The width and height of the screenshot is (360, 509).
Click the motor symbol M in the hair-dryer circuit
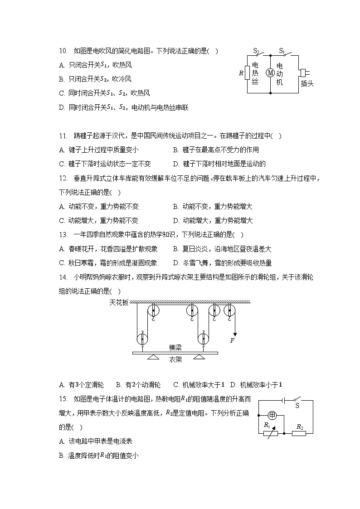click(270, 73)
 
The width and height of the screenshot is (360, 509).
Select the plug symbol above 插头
click(303, 73)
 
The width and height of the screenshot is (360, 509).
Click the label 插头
click(307, 83)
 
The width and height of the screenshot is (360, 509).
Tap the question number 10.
click(63, 51)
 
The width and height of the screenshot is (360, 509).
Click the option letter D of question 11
click(175, 164)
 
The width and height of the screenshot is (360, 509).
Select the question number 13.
click(63, 235)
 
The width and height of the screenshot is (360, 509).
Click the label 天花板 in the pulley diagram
click(119, 302)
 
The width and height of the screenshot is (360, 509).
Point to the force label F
click(232, 340)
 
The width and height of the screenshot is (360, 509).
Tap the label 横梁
click(175, 347)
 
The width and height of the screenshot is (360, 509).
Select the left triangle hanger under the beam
click(152, 357)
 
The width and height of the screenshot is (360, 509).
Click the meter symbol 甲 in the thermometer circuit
click(272, 415)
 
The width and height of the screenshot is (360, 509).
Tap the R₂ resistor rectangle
click(299, 433)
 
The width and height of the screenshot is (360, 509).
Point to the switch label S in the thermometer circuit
click(297, 406)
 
